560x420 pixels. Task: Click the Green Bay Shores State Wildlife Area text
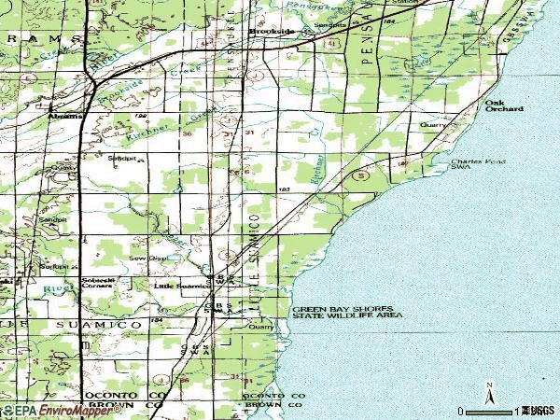point(346,312)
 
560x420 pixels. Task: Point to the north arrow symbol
point(487,393)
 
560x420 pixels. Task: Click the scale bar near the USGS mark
point(495,410)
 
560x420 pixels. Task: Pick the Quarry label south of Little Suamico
point(259,328)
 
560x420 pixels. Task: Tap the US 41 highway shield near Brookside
point(333,43)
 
